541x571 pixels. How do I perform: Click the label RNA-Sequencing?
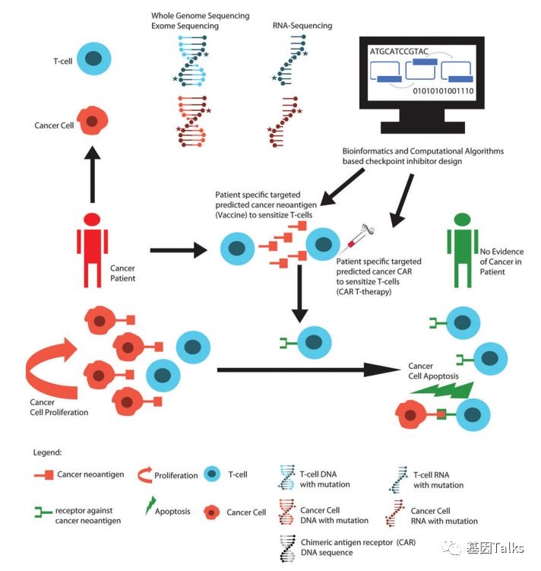[x=302, y=26]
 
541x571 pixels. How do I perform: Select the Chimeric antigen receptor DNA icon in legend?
[x=288, y=549]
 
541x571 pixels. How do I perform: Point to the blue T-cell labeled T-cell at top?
[x=95, y=59]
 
